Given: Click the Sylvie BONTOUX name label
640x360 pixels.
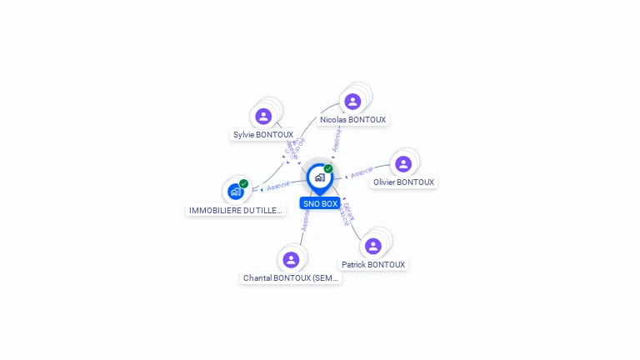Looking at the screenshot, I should pos(263,134).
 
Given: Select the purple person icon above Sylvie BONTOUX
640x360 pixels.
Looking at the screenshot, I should pos(263,116).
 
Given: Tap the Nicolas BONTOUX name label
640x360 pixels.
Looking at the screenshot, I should pos(352,119).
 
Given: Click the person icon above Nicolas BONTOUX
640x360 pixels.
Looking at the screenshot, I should pos(352,101).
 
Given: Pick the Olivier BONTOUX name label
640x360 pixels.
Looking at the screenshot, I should pos(403,182).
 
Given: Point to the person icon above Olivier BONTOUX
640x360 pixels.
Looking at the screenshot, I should pos(403,164).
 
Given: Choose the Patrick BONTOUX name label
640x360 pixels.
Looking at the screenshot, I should pos(373,264).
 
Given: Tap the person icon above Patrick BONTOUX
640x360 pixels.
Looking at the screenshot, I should pos(373,246).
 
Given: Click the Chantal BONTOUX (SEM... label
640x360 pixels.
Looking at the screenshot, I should pos(291,277).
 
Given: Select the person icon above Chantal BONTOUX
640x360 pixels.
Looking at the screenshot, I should pos(291,259).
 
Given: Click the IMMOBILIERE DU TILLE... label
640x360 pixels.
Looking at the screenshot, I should pos(236,210).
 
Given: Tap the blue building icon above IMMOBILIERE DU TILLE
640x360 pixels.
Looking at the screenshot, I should pos(236,192).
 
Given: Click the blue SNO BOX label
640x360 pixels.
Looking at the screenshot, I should pos(320,203).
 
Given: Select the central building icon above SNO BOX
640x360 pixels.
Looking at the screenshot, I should pos(318,177).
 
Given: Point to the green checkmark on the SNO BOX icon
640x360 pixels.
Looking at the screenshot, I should pos(328,169).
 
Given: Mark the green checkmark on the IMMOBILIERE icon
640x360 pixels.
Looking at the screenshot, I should pos(243,183).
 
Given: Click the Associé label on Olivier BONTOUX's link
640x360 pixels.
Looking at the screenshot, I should pos(361,174).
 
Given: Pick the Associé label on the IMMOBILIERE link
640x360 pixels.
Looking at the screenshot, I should pos(278,186).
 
